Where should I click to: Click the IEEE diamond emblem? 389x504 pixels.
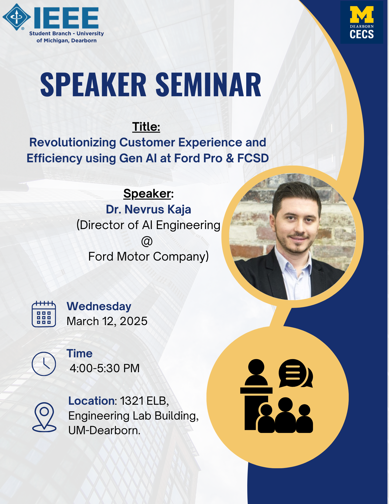[17, 17]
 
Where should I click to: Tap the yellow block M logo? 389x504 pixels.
[362, 15]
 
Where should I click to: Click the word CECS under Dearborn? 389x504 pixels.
[362, 34]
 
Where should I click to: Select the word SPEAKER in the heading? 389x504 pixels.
[93, 85]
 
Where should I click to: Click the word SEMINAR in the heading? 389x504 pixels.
[208, 85]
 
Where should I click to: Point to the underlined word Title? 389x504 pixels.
[146, 127]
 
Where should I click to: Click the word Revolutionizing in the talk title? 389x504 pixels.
[73, 143]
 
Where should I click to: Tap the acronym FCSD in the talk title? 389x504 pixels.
[253, 158]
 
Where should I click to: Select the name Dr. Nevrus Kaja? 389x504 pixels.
[149, 209]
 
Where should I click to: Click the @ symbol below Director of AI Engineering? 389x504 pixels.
[147, 241]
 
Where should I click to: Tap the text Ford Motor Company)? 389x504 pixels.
[149, 257]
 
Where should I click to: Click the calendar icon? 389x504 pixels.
[44, 314]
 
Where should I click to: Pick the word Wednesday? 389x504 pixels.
[99, 306]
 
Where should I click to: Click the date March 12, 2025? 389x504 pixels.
[107, 321]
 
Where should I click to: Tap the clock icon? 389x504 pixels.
[44, 364]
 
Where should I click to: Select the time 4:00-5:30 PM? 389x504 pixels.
[105, 368]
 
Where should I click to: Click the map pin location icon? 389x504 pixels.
[44, 417]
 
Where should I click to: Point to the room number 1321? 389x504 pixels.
[132, 401]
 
